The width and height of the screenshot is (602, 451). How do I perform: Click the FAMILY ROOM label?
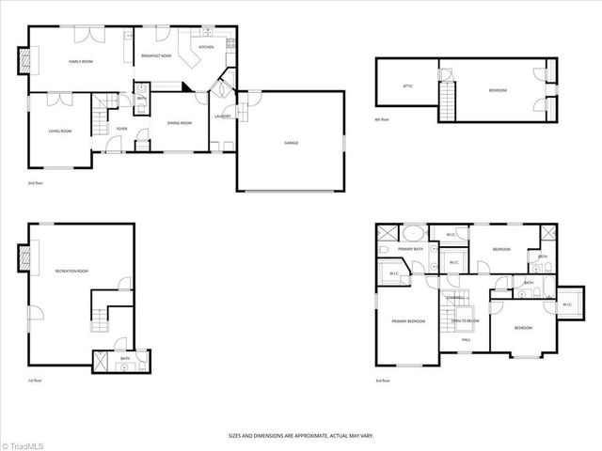coord(80,61)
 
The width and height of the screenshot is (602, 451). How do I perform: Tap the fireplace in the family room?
coord(25,61)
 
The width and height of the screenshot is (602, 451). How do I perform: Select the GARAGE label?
coord(292,143)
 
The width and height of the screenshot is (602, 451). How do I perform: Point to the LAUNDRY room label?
coord(223,117)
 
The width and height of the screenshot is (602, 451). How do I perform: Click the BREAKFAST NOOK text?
coord(156,56)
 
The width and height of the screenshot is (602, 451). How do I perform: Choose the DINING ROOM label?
coord(179,123)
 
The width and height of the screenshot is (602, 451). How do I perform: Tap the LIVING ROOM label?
coord(60,131)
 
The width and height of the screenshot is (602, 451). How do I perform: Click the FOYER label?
coord(122,129)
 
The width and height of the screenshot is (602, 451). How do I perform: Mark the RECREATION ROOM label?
coord(71,271)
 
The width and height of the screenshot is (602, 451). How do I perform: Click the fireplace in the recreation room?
coord(25,257)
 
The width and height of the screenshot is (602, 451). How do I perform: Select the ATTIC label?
coord(408,86)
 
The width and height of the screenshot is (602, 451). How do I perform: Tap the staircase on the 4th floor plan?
coord(449,99)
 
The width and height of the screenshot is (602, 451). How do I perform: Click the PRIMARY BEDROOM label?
coord(409,321)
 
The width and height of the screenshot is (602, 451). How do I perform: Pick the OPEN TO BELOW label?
coord(465,320)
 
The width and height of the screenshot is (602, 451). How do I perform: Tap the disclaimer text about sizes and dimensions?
coord(300,435)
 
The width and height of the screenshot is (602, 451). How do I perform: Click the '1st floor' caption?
coord(35,380)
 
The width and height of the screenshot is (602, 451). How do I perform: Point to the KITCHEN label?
coord(206,47)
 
